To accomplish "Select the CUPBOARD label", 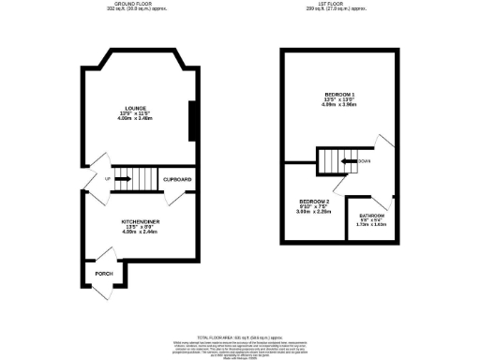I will [177, 179].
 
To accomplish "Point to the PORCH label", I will [104, 274].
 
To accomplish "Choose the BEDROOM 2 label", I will [314, 202].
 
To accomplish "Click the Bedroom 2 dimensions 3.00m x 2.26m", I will [314, 213].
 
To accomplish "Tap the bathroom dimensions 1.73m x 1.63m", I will [371, 227].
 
